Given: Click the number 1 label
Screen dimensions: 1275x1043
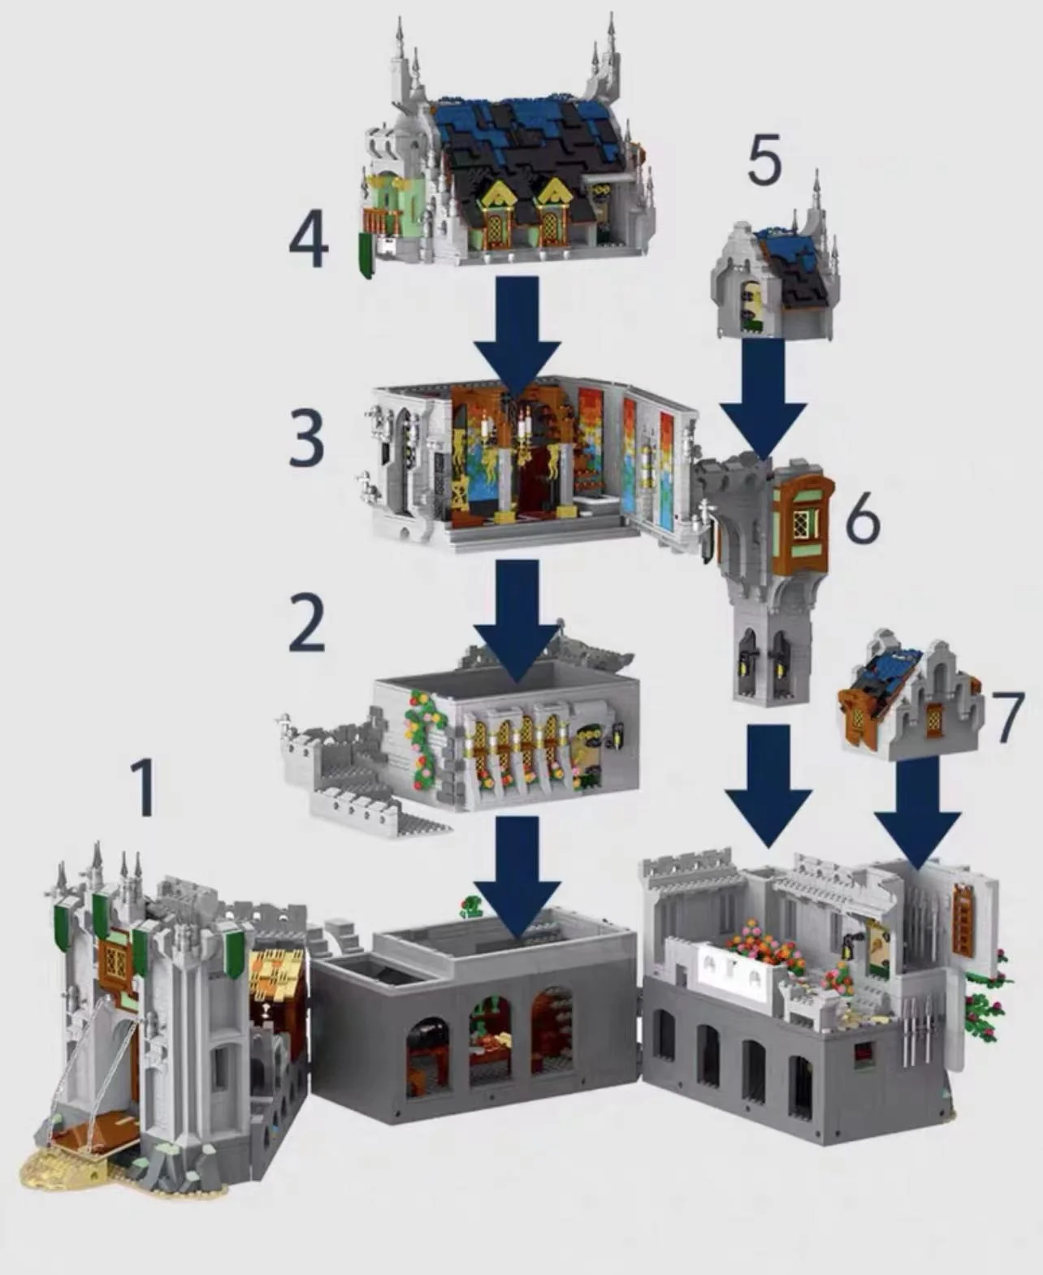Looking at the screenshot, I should tap(144, 787).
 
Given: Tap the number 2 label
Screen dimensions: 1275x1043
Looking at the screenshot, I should tap(306, 623).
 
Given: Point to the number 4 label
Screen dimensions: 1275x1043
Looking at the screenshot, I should tap(308, 241).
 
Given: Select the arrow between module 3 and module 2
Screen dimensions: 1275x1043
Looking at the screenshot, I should tap(517, 617).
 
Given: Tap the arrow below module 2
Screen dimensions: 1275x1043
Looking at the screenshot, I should tap(517, 873).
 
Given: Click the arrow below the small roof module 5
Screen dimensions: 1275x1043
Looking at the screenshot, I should tap(763, 398).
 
